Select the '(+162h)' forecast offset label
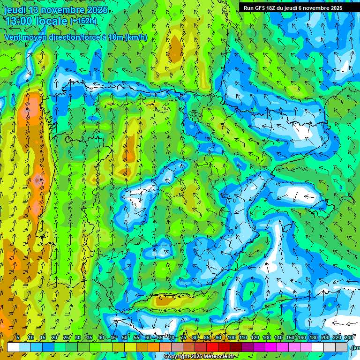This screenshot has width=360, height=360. click(x=83, y=21)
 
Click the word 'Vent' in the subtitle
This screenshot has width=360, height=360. click(x=14, y=37)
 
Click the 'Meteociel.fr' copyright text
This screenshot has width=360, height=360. click(x=217, y=357)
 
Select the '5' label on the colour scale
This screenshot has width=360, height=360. click(x=18, y=338)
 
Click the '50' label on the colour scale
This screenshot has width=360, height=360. click(x=125, y=338)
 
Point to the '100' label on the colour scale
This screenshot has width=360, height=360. click(x=232, y=338)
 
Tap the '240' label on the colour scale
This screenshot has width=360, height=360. click(x=348, y=338)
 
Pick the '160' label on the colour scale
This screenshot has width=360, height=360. click(x=302, y=338)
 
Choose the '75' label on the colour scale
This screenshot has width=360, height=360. click(x=183, y=338)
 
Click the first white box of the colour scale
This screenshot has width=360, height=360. click(x=13, y=347)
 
